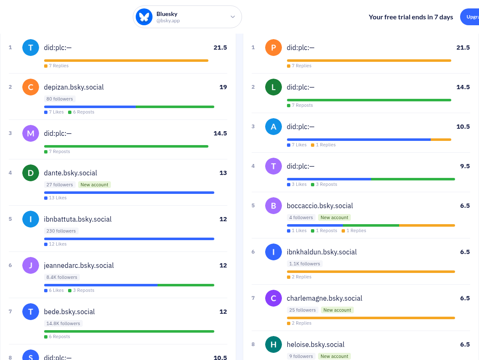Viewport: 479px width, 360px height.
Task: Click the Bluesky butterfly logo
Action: [144, 17]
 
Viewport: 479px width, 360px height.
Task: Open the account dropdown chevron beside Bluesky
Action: [233, 17]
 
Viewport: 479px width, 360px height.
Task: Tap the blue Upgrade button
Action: [470, 17]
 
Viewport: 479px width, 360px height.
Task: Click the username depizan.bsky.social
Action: [74, 87]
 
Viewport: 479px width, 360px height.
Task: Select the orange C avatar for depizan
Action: [31, 87]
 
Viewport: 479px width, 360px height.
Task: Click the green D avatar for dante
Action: [31, 173]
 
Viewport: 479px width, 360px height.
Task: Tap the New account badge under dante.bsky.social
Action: [95, 185]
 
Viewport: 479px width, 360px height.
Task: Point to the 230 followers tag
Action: [61, 231]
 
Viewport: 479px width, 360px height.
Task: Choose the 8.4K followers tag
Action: [62, 277]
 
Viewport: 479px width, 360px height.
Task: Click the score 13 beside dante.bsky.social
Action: [223, 173]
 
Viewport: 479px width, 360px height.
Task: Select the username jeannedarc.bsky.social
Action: [79, 265]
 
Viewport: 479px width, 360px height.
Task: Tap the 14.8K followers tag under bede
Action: [63, 323]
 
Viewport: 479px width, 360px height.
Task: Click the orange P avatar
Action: [274, 48]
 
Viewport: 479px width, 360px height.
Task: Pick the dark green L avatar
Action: [274, 87]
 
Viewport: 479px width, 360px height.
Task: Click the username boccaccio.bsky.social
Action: [320, 206]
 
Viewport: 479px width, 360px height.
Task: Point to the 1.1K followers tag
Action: [305, 264]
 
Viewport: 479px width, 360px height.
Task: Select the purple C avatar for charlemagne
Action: [274, 298]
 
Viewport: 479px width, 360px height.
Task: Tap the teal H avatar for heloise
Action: [274, 344]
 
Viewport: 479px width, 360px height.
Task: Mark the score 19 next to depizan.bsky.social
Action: [223, 87]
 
